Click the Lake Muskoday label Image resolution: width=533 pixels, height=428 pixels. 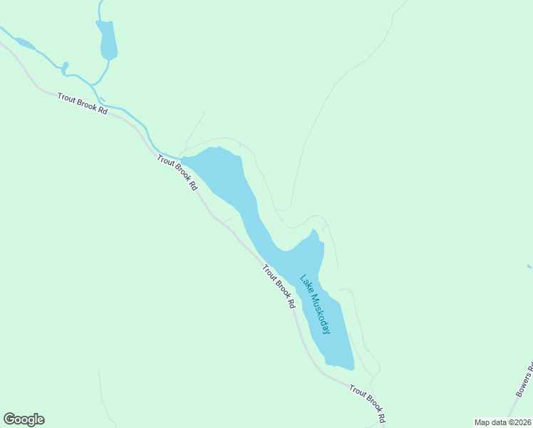point(315,305)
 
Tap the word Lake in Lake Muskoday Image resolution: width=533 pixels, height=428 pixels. point(306,283)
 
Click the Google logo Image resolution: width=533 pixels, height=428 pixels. point(24,419)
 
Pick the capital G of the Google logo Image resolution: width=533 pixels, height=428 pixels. point(9,419)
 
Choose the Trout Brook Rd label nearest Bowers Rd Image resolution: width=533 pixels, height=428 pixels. point(367,403)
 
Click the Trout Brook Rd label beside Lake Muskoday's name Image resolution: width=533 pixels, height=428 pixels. point(279,286)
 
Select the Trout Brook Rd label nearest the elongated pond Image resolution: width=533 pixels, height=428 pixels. point(83,103)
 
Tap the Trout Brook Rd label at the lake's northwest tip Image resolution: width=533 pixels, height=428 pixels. point(177,173)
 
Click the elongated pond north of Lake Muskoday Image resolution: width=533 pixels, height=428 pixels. point(108,40)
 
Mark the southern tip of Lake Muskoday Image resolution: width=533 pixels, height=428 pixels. point(350,368)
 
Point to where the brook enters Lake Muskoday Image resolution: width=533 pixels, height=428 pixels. point(181,158)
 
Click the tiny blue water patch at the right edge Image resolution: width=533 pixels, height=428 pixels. point(529,267)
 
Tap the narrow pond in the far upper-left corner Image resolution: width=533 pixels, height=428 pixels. point(24,44)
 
